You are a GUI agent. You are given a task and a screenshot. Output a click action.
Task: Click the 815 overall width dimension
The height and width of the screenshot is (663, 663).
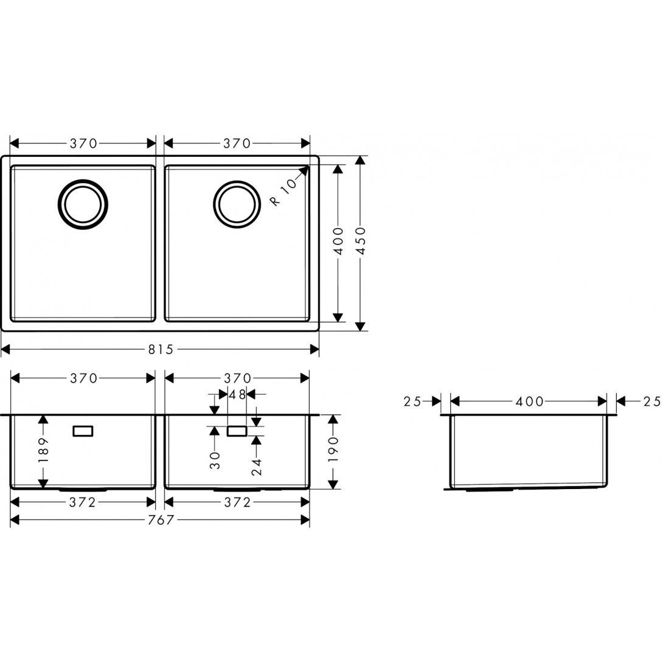tap(160, 349)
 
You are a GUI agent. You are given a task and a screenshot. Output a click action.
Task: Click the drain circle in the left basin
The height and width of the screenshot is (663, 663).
tap(83, 204)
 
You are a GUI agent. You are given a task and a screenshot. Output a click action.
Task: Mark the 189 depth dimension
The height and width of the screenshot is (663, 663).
tap(43, 451)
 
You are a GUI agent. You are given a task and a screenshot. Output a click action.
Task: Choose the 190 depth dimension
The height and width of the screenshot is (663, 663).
tap(333, 451)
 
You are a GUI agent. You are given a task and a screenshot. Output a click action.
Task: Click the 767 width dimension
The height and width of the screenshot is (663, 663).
tap(160, 520)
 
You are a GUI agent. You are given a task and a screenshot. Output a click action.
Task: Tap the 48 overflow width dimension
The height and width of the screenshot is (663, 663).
tap(237, 395)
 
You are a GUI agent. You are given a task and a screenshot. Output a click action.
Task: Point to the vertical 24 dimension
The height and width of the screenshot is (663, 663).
tap(257, 466)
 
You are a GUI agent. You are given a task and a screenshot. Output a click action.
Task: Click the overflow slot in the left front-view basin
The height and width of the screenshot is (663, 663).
tap(83, 431)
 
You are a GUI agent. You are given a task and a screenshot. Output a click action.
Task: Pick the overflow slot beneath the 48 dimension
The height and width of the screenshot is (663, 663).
tap(237, 431)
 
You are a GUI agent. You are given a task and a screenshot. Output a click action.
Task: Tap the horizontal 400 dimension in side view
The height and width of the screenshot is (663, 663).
tap(529, 401)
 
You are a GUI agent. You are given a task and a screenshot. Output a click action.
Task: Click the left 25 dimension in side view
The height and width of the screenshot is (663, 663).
tap(412, 401)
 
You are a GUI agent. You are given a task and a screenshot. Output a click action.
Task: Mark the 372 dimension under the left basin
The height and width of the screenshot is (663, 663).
tap(83, 502)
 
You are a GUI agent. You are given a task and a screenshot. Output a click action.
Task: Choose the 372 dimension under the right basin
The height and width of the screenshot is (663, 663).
tap(237, 502)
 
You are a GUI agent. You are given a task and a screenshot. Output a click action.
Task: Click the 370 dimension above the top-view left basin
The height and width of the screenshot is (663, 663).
tap(83, 144)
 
